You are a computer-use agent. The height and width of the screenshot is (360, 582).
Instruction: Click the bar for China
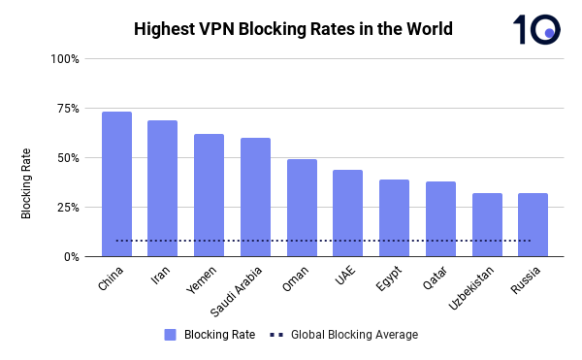116,184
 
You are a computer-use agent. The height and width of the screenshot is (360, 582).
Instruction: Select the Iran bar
162,188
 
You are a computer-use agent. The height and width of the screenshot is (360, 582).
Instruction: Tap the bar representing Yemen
209,195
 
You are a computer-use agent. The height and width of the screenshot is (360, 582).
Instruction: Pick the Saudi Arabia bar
255,197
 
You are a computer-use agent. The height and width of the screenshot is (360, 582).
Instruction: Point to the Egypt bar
394,218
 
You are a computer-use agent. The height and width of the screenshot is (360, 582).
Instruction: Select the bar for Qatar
440,219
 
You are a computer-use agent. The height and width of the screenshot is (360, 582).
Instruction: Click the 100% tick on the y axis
64,59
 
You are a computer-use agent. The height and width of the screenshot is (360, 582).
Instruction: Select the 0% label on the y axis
70,257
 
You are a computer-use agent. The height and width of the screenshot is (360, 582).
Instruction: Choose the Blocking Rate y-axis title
27,182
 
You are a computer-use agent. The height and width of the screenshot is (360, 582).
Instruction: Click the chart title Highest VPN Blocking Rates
293,29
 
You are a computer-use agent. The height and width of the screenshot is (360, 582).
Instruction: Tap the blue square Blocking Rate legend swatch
170,335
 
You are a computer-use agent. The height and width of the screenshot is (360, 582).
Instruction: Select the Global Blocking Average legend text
354,335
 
